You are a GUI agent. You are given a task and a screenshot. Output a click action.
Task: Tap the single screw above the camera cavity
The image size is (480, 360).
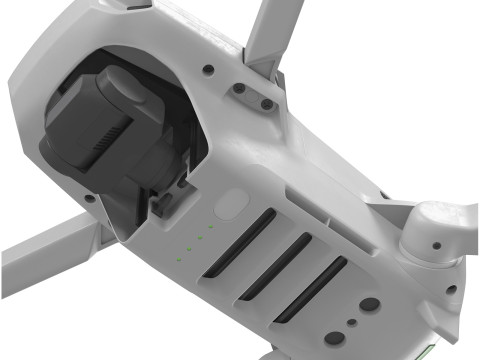pyautogui.click(x=206, y=70)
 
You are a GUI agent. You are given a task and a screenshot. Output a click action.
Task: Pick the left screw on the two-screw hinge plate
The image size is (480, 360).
pyautogui.click(x=241, y=89)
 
